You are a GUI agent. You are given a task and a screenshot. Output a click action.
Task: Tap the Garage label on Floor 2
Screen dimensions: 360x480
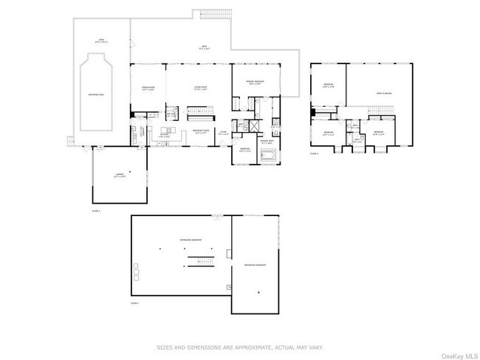click(119, 175)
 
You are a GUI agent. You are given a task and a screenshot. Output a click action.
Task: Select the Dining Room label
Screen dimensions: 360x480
click(148, 88)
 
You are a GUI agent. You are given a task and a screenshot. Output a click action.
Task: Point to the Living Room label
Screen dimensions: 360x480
click(199, 88)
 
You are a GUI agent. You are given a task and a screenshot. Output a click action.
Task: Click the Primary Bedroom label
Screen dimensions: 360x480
click(256, 83)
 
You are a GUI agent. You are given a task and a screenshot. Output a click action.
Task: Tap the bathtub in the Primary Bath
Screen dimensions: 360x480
click(267, 156)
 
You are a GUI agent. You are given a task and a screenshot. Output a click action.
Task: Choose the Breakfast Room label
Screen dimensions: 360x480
click(199, 131)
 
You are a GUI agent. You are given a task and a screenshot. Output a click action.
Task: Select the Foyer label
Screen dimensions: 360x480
click(222, 133)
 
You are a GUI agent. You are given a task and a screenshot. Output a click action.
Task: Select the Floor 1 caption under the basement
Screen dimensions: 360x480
click(134, 303)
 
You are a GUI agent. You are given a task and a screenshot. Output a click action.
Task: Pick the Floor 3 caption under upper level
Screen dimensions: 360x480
click(314, 153)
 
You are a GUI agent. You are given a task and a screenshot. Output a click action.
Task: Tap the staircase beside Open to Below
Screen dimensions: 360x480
click(379, 111)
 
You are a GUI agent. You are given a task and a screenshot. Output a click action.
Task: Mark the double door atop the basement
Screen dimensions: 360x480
click(217, 216)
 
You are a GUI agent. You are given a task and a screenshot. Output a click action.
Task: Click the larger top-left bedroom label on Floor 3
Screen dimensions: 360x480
click(328, 86)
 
